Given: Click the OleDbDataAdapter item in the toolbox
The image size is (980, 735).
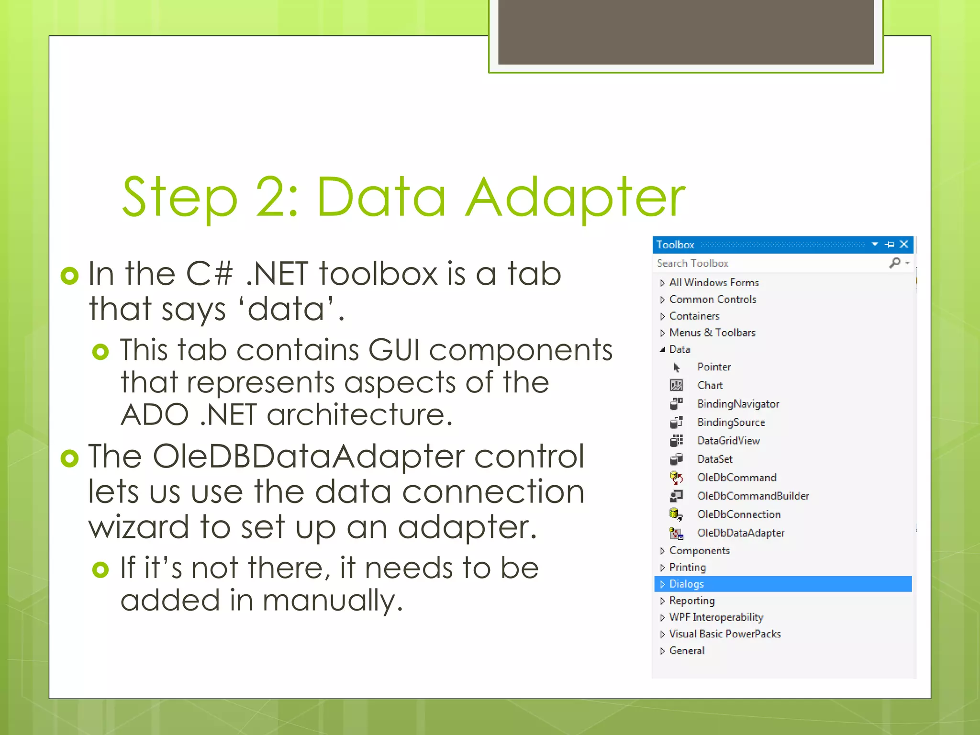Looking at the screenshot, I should (x=740, y=533).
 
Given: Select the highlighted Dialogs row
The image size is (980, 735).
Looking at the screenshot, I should (x=782, y=584).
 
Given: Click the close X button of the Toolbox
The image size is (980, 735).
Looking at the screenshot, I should (x=904, y=245).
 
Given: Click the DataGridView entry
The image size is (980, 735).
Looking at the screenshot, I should (x=728, y=441).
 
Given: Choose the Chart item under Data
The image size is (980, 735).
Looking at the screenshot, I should (x=710, y=385).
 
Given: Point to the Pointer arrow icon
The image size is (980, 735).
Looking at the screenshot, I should (x=676, y=367).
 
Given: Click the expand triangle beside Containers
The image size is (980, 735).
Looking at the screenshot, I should (x=662, y=316).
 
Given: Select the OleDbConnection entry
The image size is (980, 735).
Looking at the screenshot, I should (x=738, y=514).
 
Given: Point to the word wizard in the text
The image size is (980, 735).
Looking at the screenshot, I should (x=139, y=527).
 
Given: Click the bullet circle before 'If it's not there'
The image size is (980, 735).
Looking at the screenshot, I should (x=100, y=569).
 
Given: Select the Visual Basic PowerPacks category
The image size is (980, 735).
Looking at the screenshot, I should (x=724, y=634).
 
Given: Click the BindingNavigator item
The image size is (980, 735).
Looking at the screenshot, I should (x=738, y=404).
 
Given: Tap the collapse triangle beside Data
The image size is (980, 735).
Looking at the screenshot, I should (x=662, y=350).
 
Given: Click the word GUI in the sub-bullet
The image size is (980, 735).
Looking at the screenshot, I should (x=393, y=350).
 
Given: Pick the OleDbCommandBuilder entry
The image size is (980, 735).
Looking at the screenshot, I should (x=753, y=496).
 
